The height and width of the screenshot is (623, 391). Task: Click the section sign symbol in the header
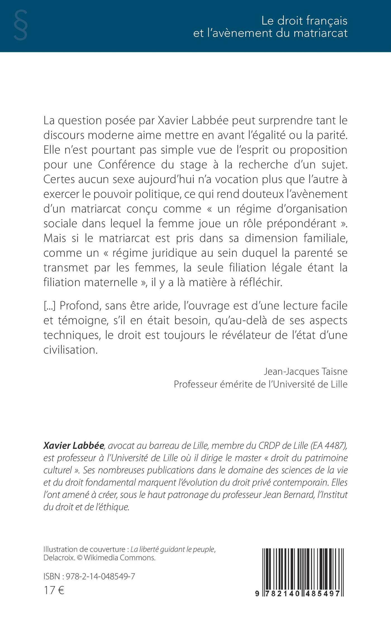(20, 25)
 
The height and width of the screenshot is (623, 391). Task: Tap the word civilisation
(70, 350)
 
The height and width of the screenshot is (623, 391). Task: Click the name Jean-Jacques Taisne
(306, 372)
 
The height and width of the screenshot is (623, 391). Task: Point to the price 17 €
(54, 590)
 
